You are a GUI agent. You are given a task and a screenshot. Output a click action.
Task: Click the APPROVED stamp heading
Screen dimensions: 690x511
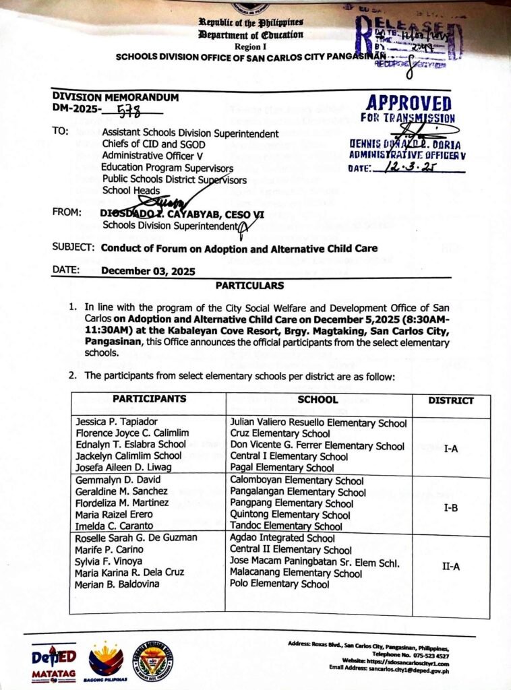click(x=409, y=103)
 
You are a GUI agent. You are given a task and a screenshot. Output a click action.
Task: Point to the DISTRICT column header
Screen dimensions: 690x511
click(x=451, y=401)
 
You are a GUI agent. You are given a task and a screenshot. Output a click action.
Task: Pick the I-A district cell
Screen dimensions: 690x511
click(x=451, y=447)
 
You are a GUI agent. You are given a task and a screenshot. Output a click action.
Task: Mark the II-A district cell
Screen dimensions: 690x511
click(x=451, y=566)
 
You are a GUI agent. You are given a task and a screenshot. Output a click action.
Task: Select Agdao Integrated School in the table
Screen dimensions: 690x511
click(x=282, y=538)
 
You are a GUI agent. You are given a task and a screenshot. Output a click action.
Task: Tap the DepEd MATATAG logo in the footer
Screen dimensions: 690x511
click(x=55, y=660)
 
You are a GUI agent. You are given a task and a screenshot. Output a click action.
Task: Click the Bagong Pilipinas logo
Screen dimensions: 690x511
click(x=106, y=660)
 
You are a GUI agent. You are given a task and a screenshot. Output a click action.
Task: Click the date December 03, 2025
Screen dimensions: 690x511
click(x=148, y=272)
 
